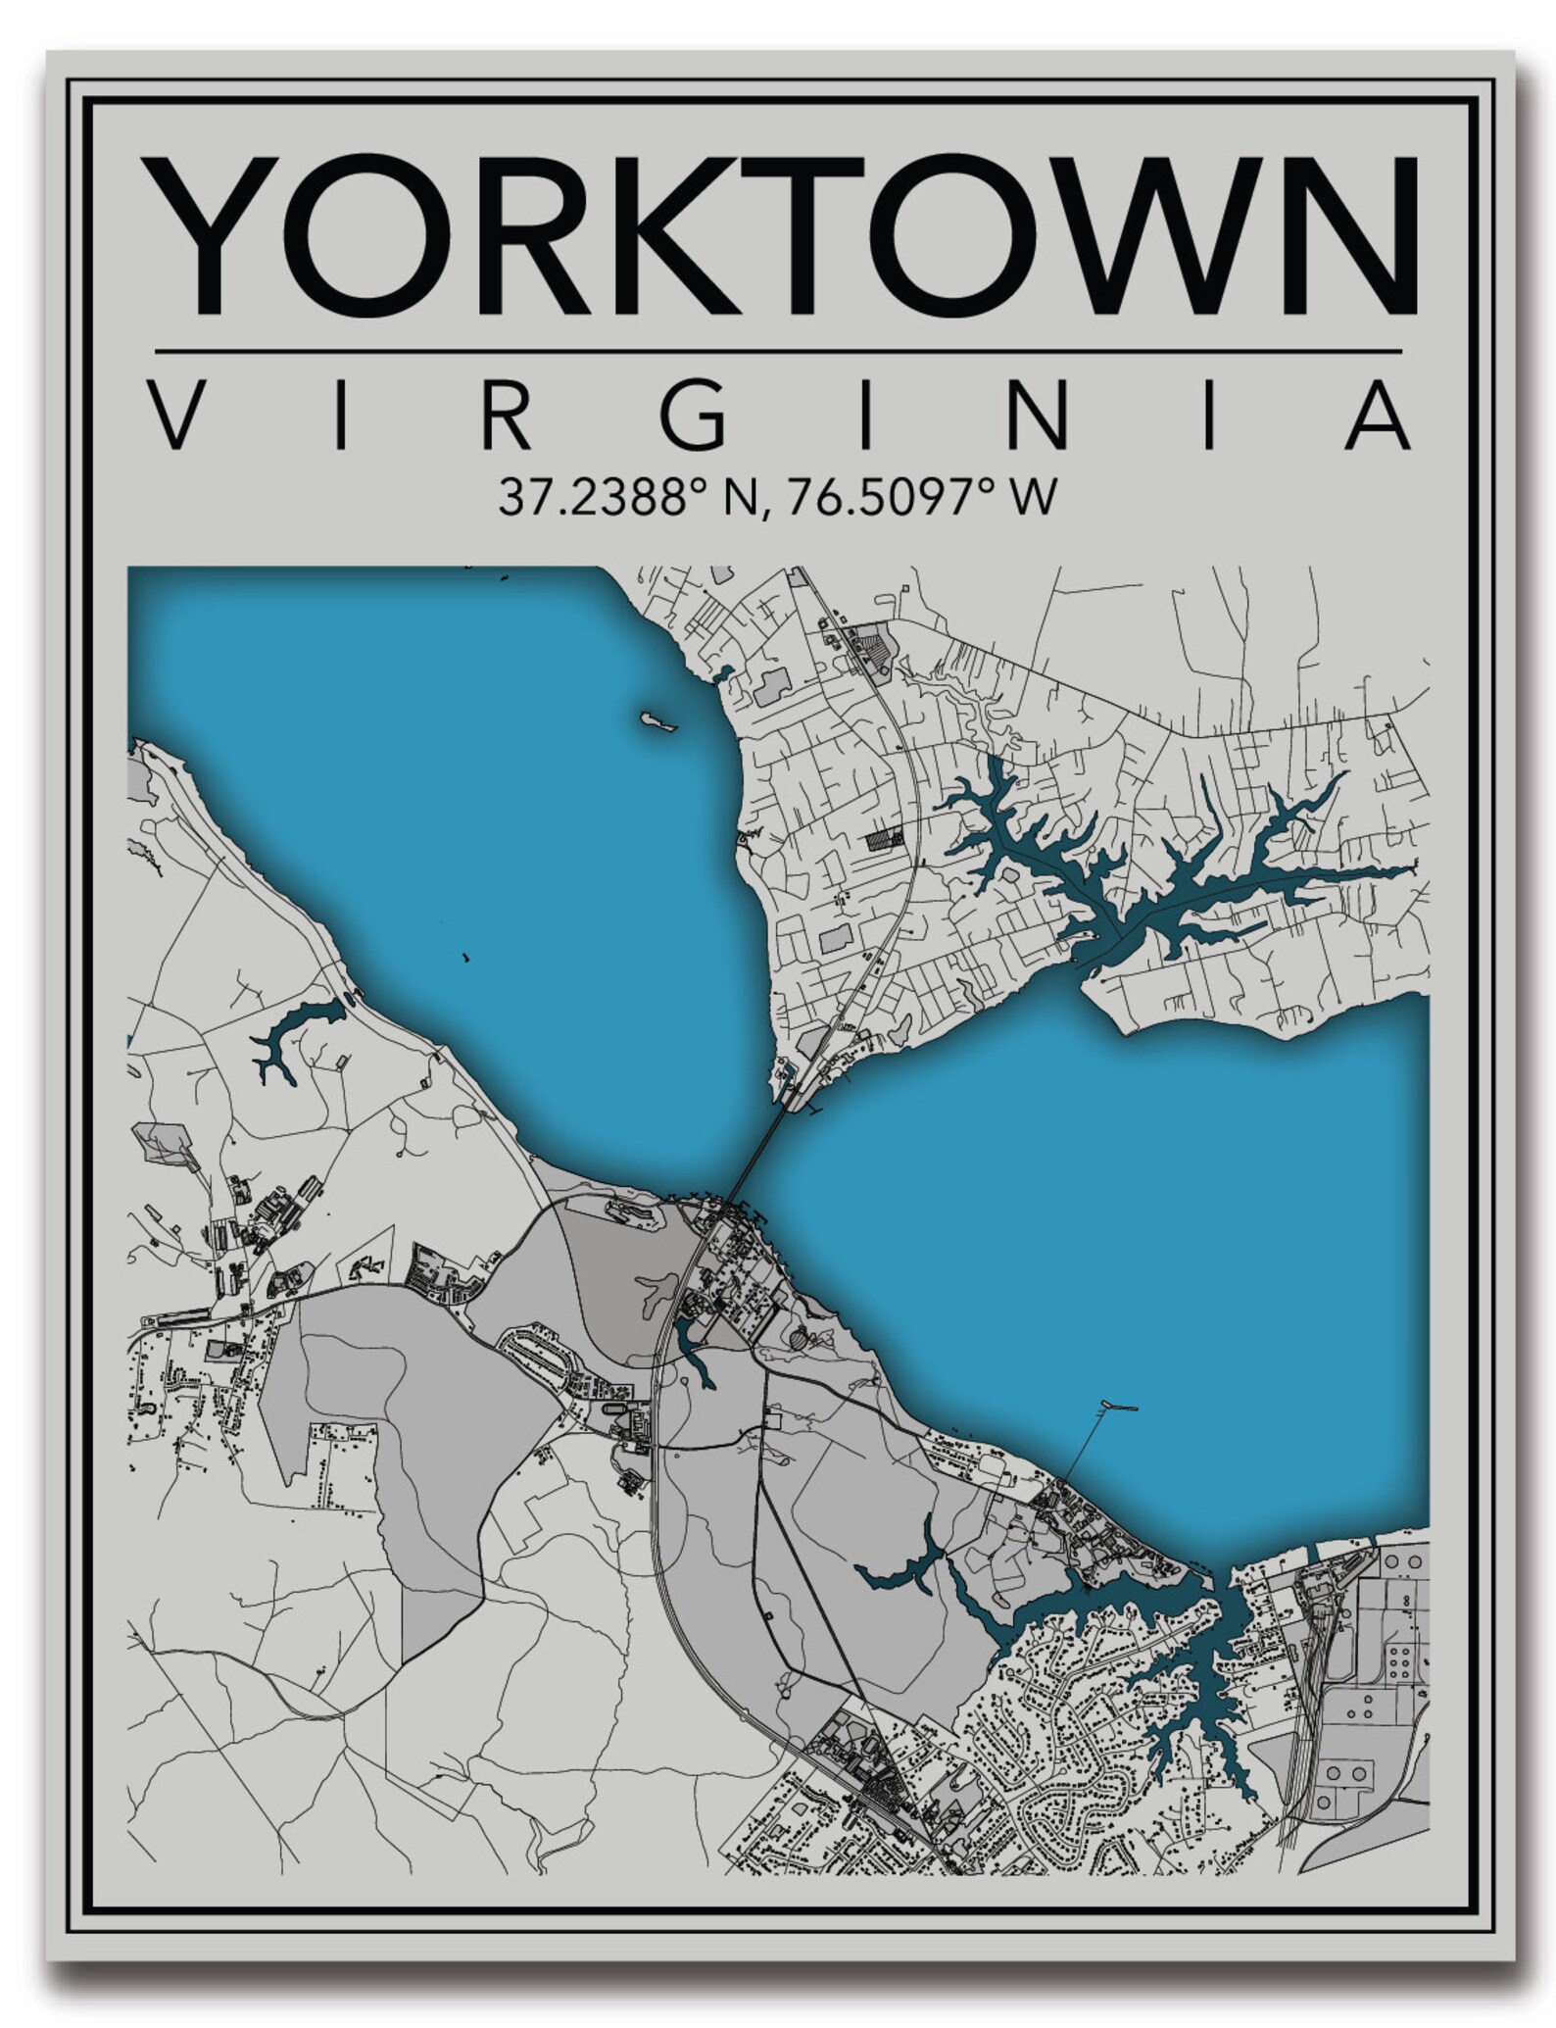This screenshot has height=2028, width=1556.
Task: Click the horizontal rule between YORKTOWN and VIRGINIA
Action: coord(778,350)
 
